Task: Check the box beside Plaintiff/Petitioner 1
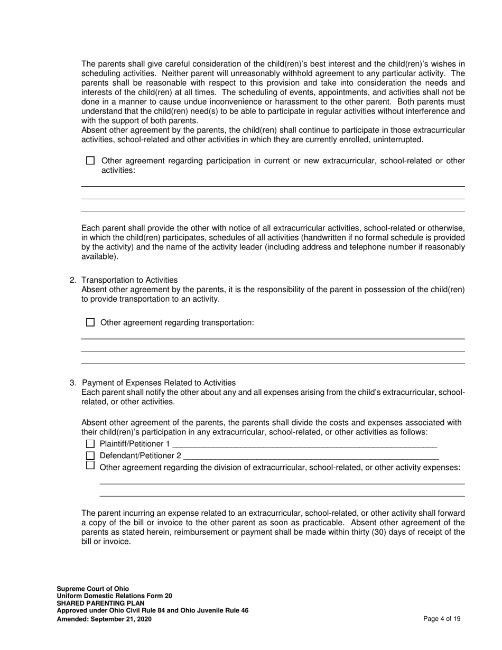coord(90,444)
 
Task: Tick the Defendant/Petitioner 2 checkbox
coord(90,456)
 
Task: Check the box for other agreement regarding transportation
coord(90,322)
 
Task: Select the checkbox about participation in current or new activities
coord(90,161)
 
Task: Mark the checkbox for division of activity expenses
coord(90,466)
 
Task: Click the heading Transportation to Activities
coord(129,280)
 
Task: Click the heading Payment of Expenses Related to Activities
coord(159,383)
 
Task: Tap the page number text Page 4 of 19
coord(442,619)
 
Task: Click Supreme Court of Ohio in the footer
coord(92,589)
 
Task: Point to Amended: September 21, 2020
coord(104,619)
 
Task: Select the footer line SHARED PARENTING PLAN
coord(98,603)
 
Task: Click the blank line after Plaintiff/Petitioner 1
coord(304,445)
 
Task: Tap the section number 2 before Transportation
coord(72,280)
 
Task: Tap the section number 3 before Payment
coord(72,383)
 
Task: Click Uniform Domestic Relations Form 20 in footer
coord(114,596)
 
